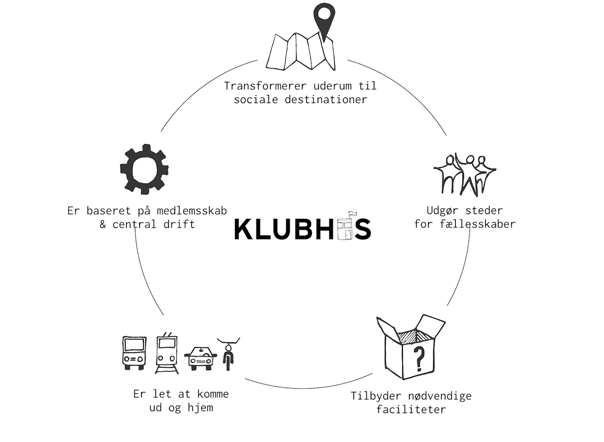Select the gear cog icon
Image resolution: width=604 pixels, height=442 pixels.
pos(144,169)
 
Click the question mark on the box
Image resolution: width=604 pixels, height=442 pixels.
pos(418,358)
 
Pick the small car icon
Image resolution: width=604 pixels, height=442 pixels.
pos(200,358)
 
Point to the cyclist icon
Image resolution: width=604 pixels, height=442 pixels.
pos(229,354)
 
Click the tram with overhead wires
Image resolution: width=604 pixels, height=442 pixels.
pos(167,353)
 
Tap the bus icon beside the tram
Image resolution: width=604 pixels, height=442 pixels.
pos(134,353)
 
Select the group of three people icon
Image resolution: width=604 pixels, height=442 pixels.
pos(464,174)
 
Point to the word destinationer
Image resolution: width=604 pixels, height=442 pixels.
pos(326,100)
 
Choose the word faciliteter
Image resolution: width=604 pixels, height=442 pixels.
pos(411,409)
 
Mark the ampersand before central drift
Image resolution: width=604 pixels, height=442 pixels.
pos(103,224)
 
